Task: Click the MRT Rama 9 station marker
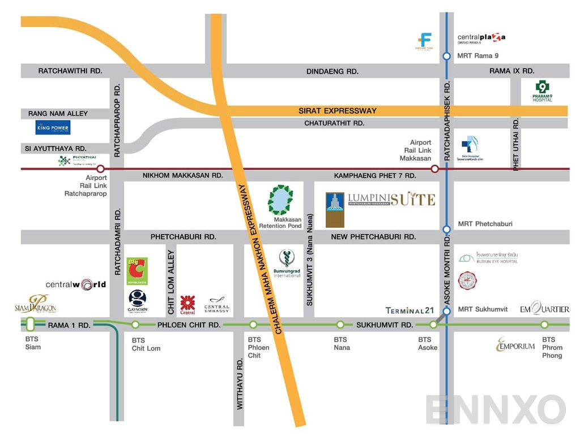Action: tap(446, 56)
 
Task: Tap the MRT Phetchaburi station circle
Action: tap(446, 229)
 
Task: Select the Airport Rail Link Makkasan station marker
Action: tap(434, 168)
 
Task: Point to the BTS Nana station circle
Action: tap(340, 325)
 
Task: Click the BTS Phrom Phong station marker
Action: tap(544, 325)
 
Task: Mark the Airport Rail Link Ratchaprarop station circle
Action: tap(100, 168)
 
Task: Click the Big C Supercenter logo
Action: tap(137, 271)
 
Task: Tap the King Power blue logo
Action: tap(53, 128)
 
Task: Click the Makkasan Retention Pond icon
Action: tap(280, 200)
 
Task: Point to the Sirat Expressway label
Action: tap(338, 111)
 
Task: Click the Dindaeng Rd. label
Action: tap(332, 71)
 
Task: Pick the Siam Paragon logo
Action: tap(35, 304)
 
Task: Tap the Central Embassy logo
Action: tap(216, 306)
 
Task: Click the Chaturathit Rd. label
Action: tap(334, 123)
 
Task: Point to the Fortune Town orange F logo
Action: tap(424, 41)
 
